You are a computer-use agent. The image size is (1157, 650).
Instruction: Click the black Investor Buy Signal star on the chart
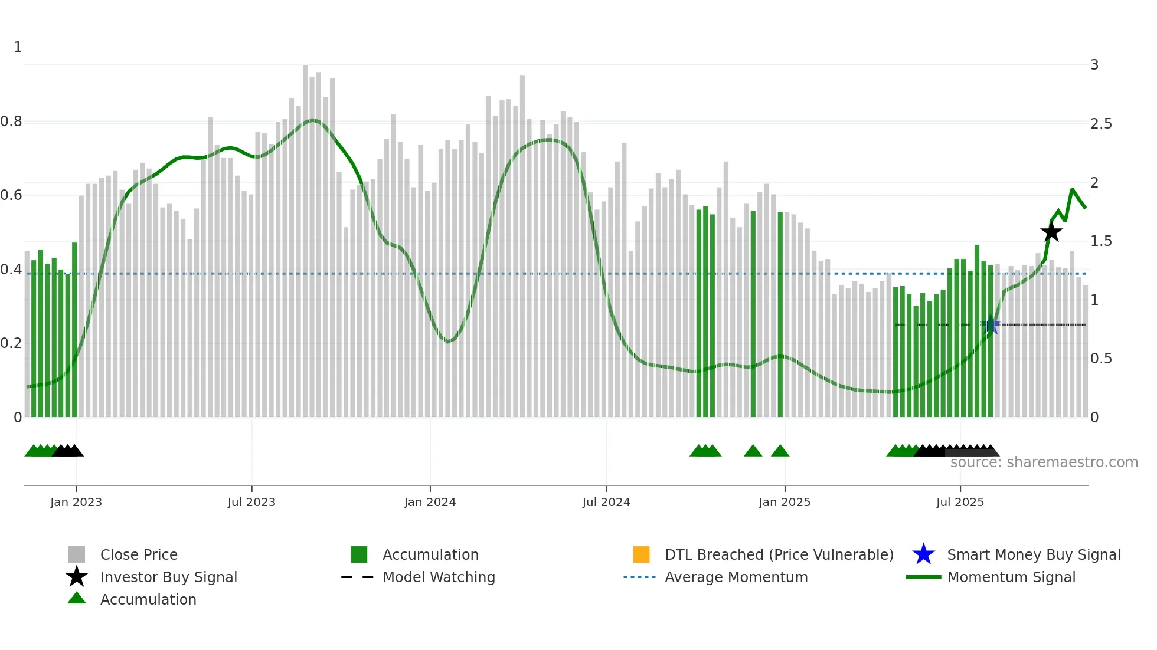click(x=1051, y=232)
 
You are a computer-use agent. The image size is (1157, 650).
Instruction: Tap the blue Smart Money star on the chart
click(x=990, y=325)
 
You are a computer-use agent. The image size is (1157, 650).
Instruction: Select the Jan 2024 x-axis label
click(x=430, y=502)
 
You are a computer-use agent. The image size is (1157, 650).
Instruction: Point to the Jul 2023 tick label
click(x=251, y=502)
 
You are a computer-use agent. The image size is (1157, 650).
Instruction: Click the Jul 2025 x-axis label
click(x=960, y=502)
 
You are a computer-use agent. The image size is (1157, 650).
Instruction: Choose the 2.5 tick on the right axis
click(x=1101, y=124)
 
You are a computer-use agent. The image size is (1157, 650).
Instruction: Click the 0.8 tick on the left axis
click(x=11, y=122)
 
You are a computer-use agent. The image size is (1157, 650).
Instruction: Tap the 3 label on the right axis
click(x=1094, y=65)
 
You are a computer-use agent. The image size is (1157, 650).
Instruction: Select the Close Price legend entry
click(x=139, y=554)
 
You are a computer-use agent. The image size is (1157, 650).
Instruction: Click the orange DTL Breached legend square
click(x=641, y=554)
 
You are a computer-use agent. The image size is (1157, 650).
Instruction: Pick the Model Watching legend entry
click(x=439, y=577)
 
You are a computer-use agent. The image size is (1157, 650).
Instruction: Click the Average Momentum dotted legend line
click(x=639, y=577)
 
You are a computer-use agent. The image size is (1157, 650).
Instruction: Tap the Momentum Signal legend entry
click(x=1011, y=577)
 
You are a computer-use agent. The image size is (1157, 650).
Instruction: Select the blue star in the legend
click(x=923, y=554)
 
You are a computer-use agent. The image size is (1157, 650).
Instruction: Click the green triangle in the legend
click(x=77, y=598)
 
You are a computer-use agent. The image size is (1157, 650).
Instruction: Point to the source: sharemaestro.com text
click(x=1044, y=462)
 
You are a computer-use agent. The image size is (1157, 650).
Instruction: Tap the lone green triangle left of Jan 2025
click(x=753, y=451)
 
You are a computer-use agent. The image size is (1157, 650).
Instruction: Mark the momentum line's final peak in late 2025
click(x=1073, y=190)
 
